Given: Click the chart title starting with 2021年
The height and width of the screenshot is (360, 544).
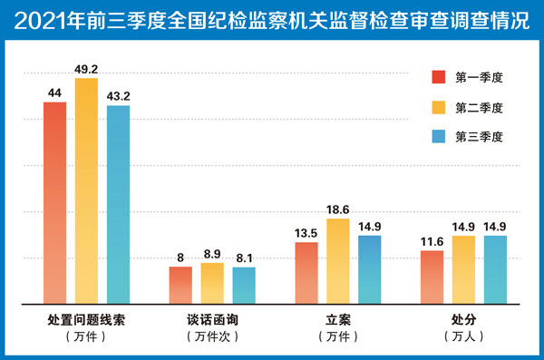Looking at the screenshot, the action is pos(272,20).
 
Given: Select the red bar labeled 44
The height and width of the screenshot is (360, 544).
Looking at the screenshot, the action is pos(54,203).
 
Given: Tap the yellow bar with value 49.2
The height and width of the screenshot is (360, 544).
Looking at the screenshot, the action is pos(86,191).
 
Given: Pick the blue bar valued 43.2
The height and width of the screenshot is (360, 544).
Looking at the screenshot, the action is pos(118,205).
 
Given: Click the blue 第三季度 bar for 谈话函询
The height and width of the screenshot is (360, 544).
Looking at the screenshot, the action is pos(244,286).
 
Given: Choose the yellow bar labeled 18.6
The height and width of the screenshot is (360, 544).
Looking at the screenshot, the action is pos(338,261).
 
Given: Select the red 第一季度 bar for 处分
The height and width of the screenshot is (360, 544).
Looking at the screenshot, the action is pos(432,277).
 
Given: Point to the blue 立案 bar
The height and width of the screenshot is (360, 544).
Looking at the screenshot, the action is pos(370,269).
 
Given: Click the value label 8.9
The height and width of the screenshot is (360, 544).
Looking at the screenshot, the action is pos(212,254).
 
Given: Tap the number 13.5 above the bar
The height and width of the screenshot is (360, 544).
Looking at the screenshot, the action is pos(306,233).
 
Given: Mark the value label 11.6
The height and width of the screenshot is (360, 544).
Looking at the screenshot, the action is pos(432,241).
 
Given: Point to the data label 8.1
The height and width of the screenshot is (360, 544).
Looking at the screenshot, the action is pos(244,258).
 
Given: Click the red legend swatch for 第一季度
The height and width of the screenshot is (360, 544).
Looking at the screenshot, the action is pos(439,77).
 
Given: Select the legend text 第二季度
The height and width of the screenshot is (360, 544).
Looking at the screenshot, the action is pos(479,108).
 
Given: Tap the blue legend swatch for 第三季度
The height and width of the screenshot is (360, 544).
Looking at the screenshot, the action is pos(439,136).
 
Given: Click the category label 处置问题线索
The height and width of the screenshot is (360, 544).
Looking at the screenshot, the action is pos(86,320).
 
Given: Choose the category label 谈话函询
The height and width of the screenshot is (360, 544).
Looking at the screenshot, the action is pos(212,320).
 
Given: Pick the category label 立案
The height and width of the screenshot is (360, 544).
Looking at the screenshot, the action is pos(338,320).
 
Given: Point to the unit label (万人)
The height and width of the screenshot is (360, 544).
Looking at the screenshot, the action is pos(464,336).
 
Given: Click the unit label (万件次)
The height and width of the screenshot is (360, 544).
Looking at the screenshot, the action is pos(212,336).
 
